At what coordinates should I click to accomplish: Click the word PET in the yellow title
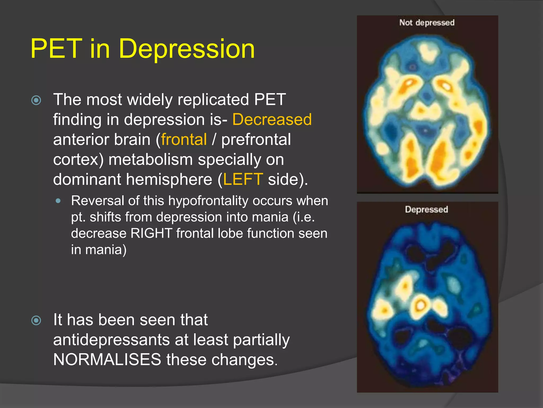[x=56, y=48]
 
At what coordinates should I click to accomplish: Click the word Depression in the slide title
[x=187, y=49]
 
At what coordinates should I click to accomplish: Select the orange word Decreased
[x=272, y=119]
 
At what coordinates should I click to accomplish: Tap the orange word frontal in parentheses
[x=184, y=139]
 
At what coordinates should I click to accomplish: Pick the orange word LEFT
[x=243, y=179]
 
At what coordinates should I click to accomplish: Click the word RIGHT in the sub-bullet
[x=151, y=233]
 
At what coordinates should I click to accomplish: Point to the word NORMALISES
[x=107, y=359]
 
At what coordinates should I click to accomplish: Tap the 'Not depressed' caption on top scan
[x=427, y=23]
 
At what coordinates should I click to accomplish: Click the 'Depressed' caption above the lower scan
[x=426, y=209]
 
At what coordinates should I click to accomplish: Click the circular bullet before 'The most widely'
[x=36, y=100]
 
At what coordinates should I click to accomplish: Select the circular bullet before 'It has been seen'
[x=36, y=320]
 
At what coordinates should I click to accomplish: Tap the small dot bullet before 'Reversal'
[x=58, y=201]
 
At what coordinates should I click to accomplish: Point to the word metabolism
[x=150, y=160]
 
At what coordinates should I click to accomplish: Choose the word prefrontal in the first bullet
[x=256, y=139]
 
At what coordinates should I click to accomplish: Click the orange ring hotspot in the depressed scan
[x=420, y=305]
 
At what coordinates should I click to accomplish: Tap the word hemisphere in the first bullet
[x=169, y=179]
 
